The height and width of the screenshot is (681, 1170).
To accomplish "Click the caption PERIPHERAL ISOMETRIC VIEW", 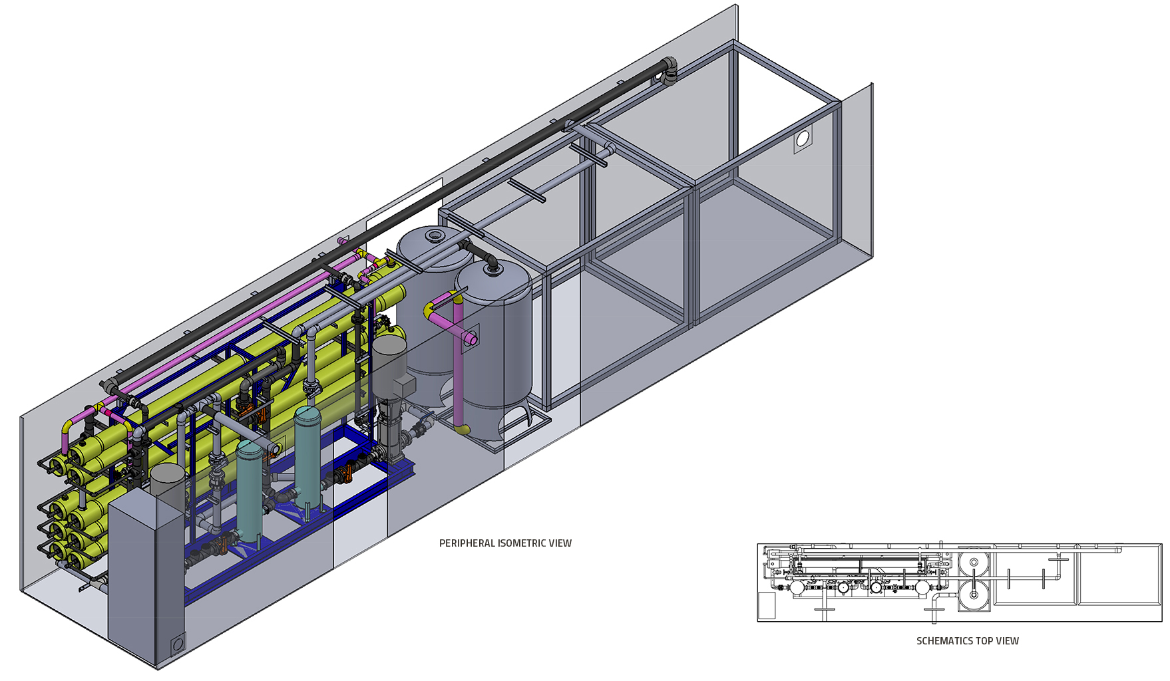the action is [x=505, y=543].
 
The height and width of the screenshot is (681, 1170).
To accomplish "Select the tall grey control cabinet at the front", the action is [x=146, y=579].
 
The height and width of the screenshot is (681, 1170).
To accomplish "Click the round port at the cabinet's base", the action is [x=178, y=644].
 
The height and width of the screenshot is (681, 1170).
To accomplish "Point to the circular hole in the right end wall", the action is [x=803, y=138].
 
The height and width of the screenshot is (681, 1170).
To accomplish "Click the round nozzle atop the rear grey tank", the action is [x=435, y=235].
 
